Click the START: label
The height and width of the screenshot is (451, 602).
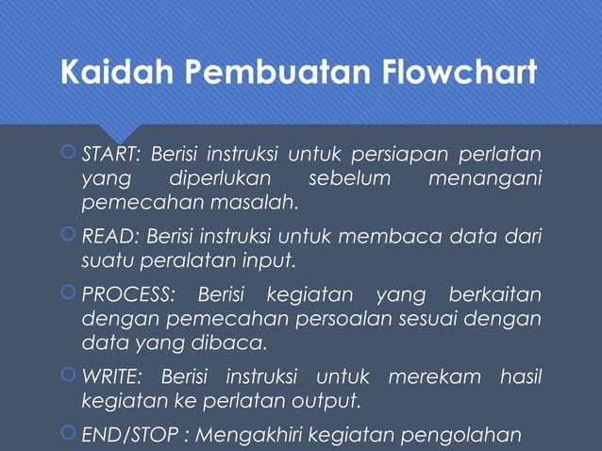(111, 154)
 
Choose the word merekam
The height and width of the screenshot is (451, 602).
(439, 378)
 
